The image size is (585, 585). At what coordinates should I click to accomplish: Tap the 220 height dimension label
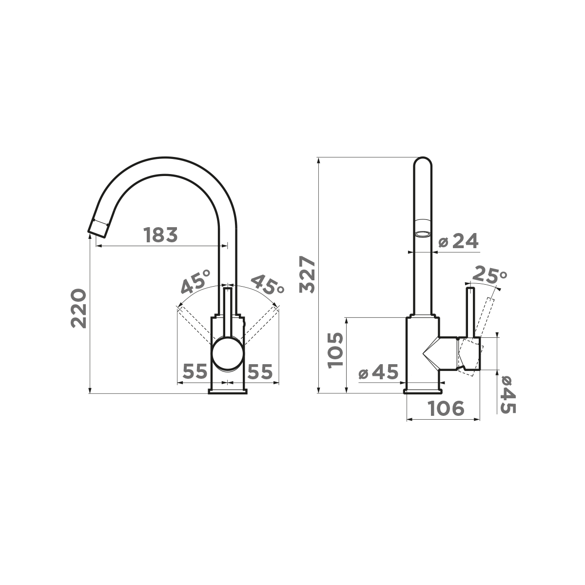[x=78, y=309]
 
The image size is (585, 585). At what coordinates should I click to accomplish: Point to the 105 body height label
[x=335, y=350]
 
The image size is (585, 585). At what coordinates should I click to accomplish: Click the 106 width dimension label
[x=446, y=409]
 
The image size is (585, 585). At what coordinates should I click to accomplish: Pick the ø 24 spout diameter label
[x=458, y=241]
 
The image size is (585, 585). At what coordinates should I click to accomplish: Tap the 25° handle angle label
[x=489, y=274]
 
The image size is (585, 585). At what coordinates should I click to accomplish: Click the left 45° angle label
[x=195, y=282]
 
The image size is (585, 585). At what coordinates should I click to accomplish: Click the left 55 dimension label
[x=195, y=371]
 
